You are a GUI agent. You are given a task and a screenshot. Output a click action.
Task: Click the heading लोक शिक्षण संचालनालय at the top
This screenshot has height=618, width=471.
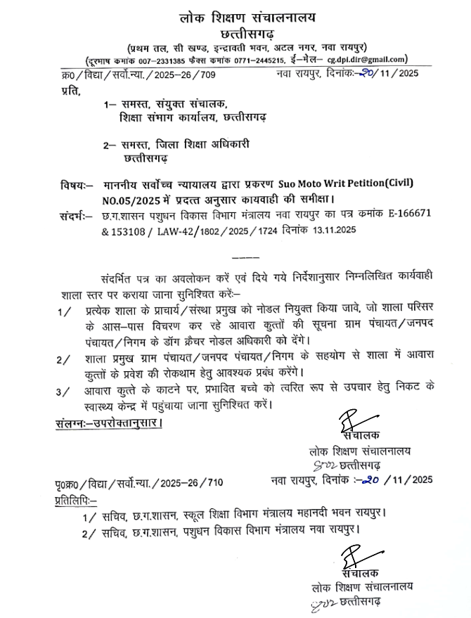236,15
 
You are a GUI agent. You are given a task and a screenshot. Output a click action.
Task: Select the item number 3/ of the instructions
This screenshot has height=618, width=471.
65,390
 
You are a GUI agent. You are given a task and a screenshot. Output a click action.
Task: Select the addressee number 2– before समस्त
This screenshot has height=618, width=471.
108,145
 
